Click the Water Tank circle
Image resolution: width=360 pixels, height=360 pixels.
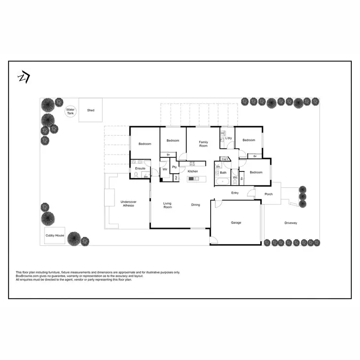(x=71, y=111)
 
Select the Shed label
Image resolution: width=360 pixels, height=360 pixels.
(x=91, y=110)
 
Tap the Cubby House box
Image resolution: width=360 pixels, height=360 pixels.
(x=55, y=236)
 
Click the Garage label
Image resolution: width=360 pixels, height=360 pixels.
(x=236, y=223)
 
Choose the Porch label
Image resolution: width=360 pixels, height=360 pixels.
(x=269, y=194)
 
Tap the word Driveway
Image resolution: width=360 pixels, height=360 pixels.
(x=291, y=223)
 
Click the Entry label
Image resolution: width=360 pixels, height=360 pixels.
(x=235, y=193)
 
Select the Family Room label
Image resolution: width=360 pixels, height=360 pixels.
(x=204, y=144)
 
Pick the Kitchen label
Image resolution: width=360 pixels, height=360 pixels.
(x=193, y=171)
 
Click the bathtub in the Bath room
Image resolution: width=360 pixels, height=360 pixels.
(x=223, y=182)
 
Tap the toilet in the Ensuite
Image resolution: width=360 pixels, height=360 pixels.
(x=136, y=176)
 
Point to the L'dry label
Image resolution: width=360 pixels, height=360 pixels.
(x=228, y=138)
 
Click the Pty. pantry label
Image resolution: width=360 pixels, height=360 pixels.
(x=175, y=167)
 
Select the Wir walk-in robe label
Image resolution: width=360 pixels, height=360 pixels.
(x=165, y=169)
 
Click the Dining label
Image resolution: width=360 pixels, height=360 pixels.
(x=196, y=205)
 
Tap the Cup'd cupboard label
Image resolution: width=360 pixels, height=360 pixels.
(x=225, y=159)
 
